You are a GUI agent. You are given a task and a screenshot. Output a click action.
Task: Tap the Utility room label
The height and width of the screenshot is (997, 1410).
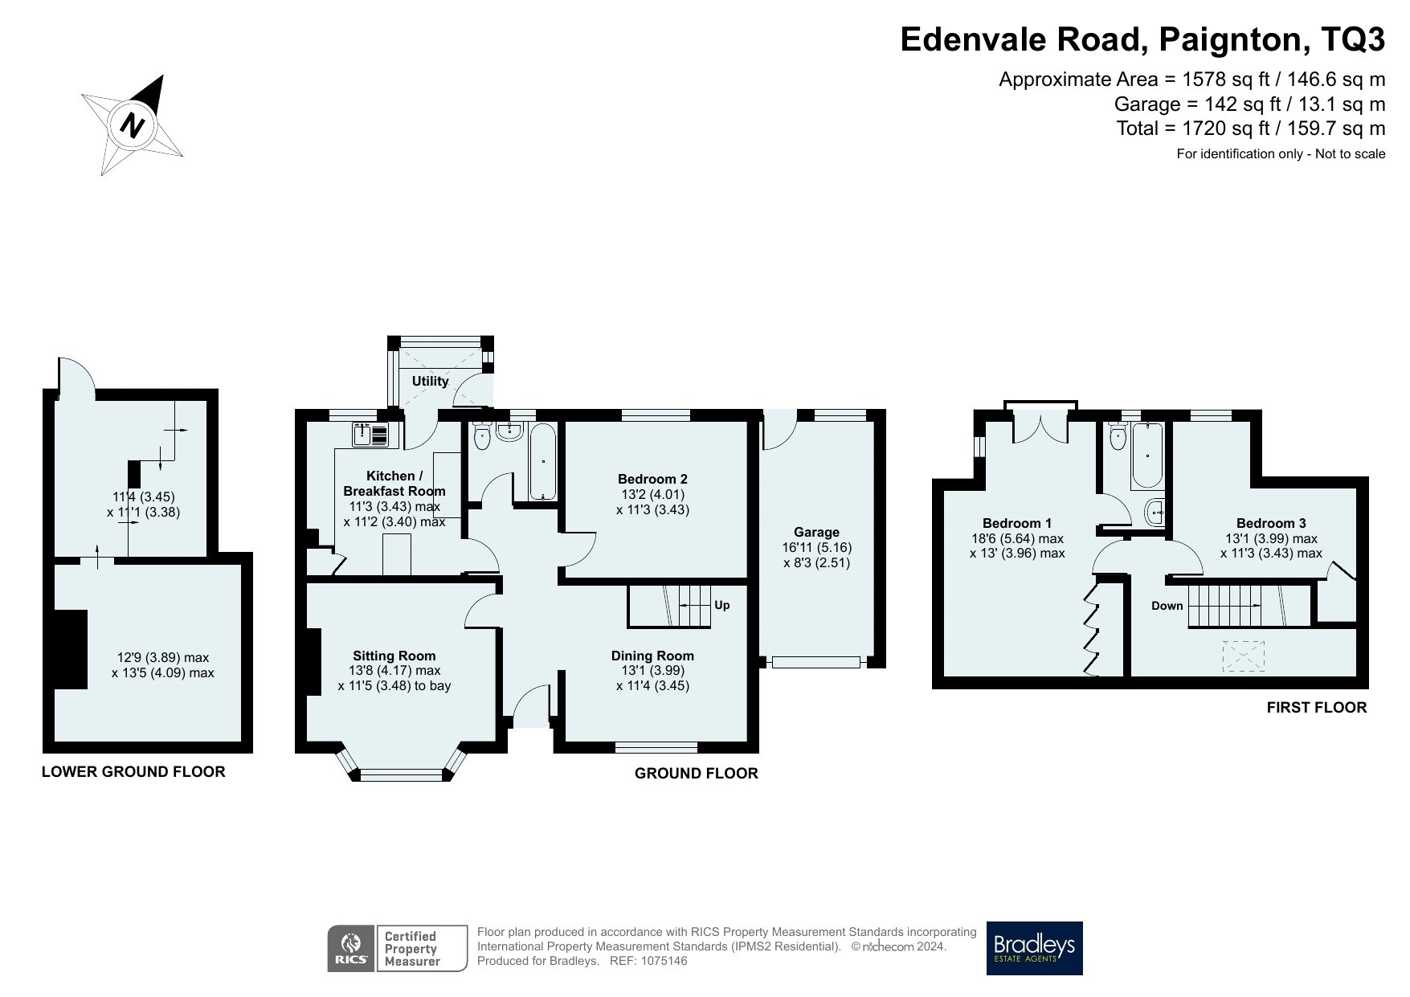pyautogui.click(x=430, y=381)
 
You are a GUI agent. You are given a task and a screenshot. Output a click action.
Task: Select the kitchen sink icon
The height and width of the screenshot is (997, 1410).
pyautogui.click(x=370, y=435)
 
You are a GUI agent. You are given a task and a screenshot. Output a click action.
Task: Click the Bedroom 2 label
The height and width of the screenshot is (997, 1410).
pyautogui.click(x=652, y=479)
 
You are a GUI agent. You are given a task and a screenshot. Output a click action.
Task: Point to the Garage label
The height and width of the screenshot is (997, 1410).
pyautogui.click(x=816, y=532)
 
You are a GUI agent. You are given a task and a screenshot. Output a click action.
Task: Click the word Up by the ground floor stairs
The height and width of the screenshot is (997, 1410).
pyautogui.click(x=722, y=605)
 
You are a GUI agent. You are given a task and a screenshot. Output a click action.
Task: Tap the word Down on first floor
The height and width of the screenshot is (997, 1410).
pyautogui.click(x=1167, y=605)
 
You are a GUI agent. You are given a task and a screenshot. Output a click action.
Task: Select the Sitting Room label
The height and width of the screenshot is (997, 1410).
pyautogui.click(x=394, y=656)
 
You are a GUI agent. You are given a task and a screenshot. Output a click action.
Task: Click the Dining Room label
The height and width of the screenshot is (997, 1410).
pyautogui.click(x=652, y=656)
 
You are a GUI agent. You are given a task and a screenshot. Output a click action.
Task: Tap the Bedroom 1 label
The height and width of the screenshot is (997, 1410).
pyautogui.click(x=1016, y=523)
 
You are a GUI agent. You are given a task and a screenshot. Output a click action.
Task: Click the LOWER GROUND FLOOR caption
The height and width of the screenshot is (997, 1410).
pyautogui.click(x=133, y=771)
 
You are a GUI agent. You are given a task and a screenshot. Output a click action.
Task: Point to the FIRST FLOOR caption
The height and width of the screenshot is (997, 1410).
pyautogui.click(x=1316, y=707)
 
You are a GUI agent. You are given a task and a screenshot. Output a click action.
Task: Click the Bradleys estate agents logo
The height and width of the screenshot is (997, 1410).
pyautogui.click(x=1034, y=948)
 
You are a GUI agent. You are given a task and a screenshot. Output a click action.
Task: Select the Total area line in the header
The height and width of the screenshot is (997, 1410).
pyautogui.click(x=1250, y=129)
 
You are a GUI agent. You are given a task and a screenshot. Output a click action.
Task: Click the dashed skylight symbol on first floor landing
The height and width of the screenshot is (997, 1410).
pyautogui.click(x=1244, y=656)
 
